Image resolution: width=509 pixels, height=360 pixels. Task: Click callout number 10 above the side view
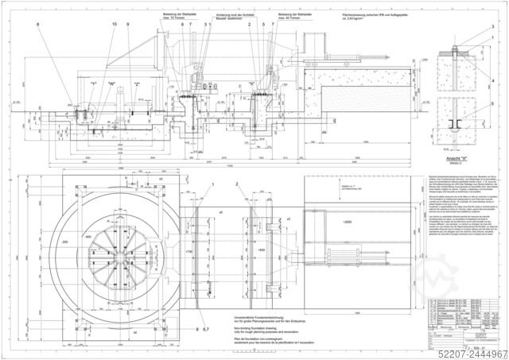[114, 25]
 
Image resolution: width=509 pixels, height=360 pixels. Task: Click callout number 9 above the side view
[127, 25]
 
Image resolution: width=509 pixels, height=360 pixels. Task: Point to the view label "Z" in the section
[136, 83]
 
